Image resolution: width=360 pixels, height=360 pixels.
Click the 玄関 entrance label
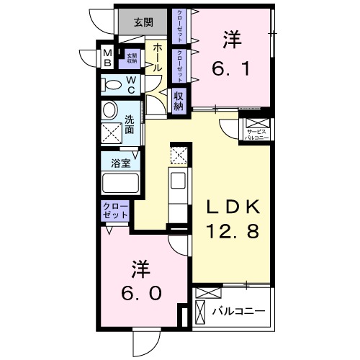pos(143,22)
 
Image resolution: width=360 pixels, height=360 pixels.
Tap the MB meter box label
pos(107,57)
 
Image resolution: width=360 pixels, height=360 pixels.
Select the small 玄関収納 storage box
pos(132,58)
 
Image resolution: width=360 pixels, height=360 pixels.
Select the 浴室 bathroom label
pos(120,163)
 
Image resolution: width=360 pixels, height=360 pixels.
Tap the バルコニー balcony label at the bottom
pos(238,312)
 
